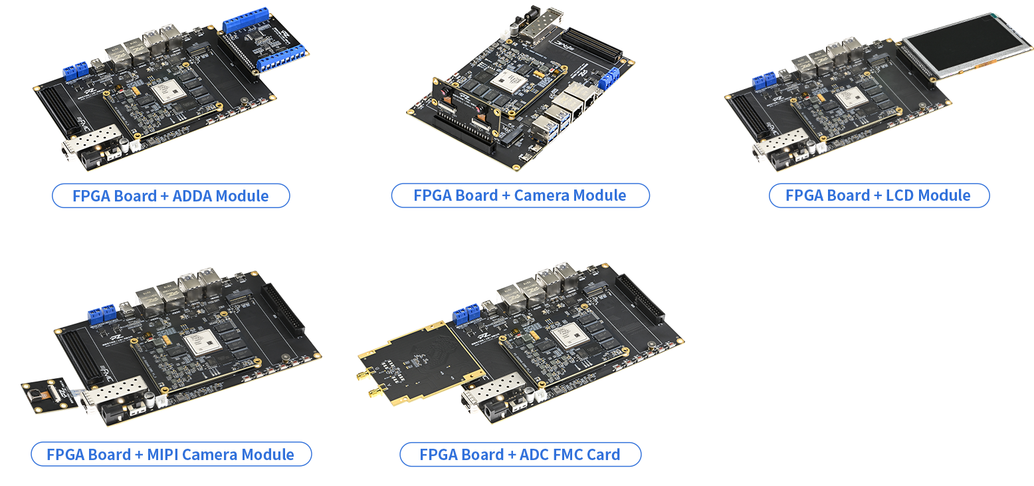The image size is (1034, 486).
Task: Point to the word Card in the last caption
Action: pyautogui.click(x=603, y=455)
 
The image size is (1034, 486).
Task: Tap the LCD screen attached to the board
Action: pyautogui.click(x=965, y=45)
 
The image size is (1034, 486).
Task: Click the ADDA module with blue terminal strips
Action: pyautogui.click(x=263, y=40)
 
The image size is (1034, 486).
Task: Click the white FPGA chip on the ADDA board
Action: pyautogui.click(x=169, y=90)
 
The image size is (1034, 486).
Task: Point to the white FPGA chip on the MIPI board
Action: pyautogui.click(x=202, y=342)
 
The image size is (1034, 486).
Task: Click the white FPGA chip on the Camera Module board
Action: pyautogui.click(x=509, y=81)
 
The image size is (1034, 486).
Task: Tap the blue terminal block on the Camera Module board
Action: pyautogui.click(x=609, y=78)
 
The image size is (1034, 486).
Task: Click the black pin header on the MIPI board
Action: pyautogui.click(x=283, y=309)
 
